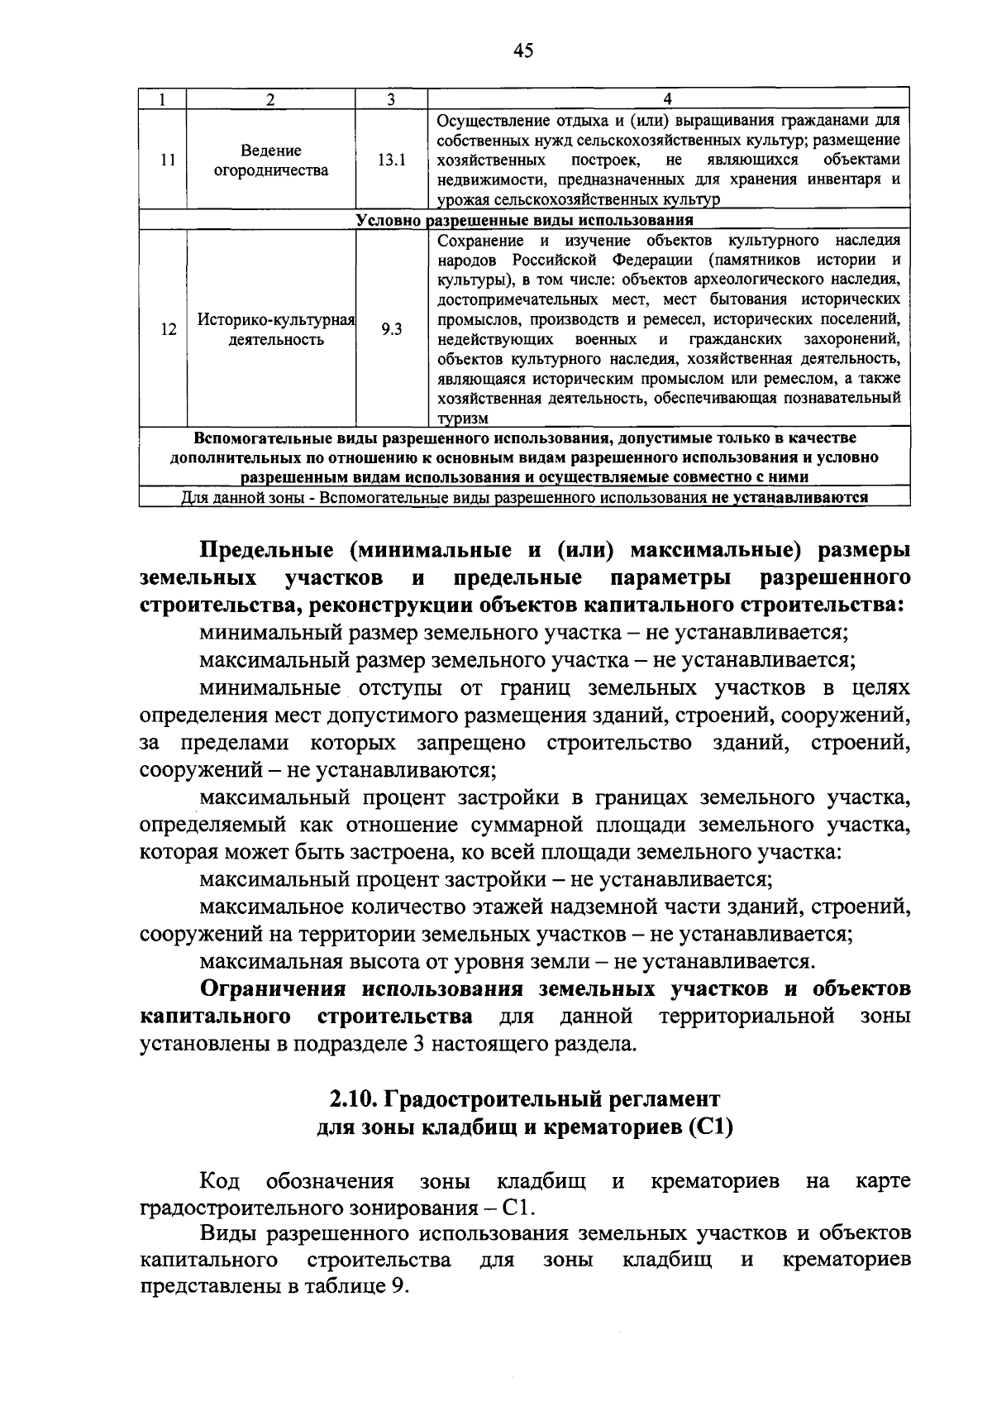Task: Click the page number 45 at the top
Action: click(522, 51)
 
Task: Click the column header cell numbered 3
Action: click(391, 99)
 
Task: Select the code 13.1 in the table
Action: click(391, 160)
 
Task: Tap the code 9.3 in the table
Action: click(391, 329)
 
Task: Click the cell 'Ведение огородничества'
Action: click(271, 160)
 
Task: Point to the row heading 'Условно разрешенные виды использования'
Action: click(524, 220)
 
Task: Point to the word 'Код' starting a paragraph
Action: click(220, 1180)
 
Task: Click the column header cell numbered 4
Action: click(668, 99)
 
